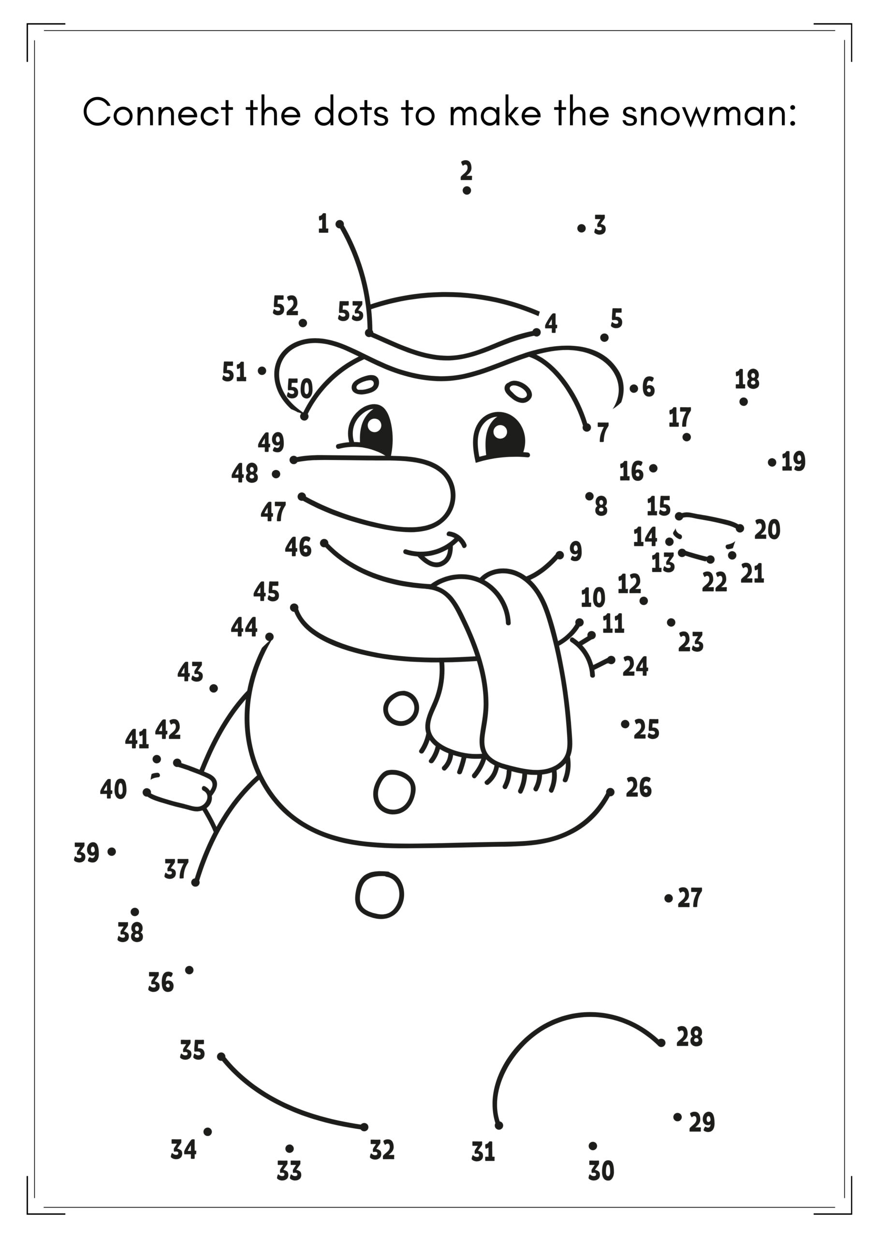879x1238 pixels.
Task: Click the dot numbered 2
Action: (x=467, y=190)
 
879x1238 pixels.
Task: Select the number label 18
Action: (x=747, y=379)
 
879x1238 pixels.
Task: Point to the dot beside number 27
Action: (x=669, y=898)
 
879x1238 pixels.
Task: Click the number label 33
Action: (x=289, y=1171)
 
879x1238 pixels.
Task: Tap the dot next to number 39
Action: (x=112, y=852)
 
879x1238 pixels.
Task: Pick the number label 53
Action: (x=350, y=311)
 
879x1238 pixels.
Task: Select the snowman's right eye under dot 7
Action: (x=499, y=436)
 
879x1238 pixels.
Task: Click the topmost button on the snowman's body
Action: (x=401, y=708)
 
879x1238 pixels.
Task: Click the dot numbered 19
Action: (x=772, y=462)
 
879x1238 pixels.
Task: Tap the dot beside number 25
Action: (x=625, y=724)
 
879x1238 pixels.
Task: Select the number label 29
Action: (x=702, y=1122)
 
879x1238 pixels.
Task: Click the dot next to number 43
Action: (x=214, y=689)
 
